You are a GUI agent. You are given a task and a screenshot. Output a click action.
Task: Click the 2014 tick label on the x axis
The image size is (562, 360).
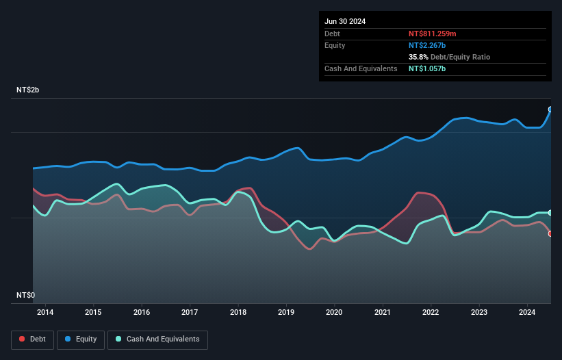[x=45, y=313]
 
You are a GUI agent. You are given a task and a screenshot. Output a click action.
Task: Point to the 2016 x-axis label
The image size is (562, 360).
[x=142, y=313]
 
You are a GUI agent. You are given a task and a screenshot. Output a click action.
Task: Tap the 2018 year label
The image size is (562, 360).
[x=238, y=313]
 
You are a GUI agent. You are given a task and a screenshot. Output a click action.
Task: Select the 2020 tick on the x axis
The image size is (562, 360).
[x=335, y=313]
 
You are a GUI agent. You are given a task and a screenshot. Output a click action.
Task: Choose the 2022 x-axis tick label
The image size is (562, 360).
[x=431, y=313]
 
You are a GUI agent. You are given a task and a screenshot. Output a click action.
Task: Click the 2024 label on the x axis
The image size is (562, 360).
[x=528, y=313]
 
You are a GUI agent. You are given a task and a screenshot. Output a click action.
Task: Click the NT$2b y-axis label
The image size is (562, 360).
[x=31, y=90]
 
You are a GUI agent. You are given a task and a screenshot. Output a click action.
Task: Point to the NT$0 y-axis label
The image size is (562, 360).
[x=26, y=295]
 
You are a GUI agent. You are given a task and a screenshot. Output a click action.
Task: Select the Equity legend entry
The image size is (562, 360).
[x=81, y=339]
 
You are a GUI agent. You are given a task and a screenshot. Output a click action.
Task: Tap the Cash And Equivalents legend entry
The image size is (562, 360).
[x=157, y=339]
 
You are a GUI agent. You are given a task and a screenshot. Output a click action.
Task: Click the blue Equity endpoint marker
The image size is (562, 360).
[x=550, y=110]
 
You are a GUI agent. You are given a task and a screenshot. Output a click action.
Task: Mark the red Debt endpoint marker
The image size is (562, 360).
[x=550, y=234]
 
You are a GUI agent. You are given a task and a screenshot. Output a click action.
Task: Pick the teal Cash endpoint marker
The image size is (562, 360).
[x=550, y=213]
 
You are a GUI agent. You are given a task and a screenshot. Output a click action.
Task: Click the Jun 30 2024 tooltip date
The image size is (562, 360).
[x=345, y=21]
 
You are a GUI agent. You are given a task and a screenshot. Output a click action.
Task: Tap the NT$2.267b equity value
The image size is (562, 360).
[x=428, y=45]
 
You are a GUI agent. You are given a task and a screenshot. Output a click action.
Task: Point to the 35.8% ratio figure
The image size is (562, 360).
[x=420, y=57]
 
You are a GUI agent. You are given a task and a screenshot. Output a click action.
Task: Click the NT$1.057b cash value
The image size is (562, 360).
[x=428, y=68]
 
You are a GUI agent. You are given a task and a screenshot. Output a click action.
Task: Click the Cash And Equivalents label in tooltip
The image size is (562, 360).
[x=361, y=68]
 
